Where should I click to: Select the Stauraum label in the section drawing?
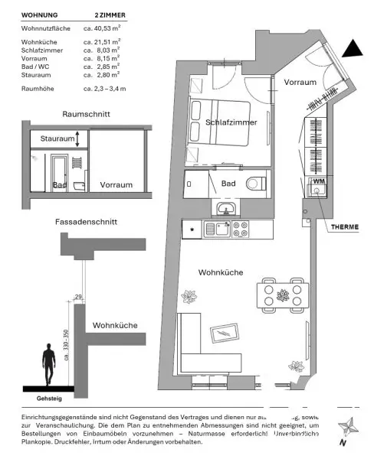pyautogui.click(x=58, y=139)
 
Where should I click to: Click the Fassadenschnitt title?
pyautogui.click(x=86, y=221)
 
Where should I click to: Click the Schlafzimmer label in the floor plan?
pyautogui.click(x=230, y=122)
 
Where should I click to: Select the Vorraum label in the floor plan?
pyautogui.click(x=300, y=82)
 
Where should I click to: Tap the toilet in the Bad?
pyautogui.click(x=255, y=184)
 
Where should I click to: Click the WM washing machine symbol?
pyautogui.click(x=317, y=182)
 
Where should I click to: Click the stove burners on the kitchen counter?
pyautogui.click(x=241, y=227)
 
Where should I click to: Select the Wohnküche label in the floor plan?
pyautogui.click(x=221, y=272)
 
